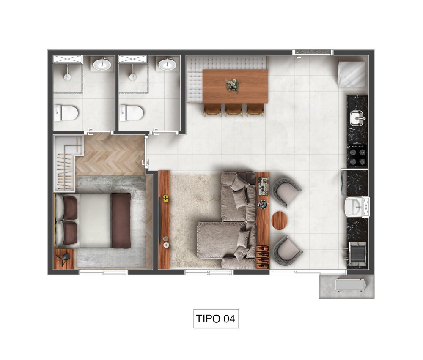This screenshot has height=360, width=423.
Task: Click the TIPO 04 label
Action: click(x=216, y=319)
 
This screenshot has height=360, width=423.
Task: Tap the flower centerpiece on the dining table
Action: click(x=232, y=85)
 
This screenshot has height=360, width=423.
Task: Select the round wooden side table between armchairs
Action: click(x=279, y=221)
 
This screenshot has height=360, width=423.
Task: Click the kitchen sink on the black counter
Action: click(x=358, y=118)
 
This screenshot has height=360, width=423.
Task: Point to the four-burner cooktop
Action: click(x=358, y=155)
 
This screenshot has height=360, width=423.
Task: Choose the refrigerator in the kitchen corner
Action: click(x=352, y=74)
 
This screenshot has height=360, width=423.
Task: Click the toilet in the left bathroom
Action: click(x=66, y=113)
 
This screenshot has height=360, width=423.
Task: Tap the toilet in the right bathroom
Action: click(x=132, y=113)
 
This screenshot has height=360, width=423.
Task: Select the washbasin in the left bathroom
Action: click(x=102, y=64)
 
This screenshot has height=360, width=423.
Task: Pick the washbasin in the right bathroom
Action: click(x=167, y=64)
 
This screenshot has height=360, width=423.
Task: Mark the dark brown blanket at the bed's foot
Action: click(x=121, y=221)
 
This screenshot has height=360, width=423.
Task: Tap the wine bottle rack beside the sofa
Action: click(x=263, y=257)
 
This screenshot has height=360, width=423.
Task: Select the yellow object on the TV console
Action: click(x=166, y=199)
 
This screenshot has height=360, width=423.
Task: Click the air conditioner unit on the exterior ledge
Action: click(x=350, y=285)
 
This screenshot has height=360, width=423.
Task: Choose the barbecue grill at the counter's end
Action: click(x=357, y=254)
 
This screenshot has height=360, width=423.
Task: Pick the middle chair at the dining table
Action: click(x=234, y=110)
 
